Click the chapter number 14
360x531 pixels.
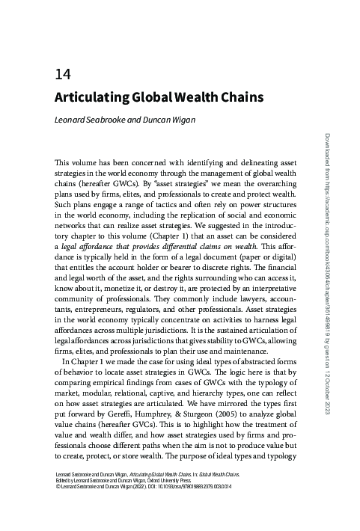pos(62,76)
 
